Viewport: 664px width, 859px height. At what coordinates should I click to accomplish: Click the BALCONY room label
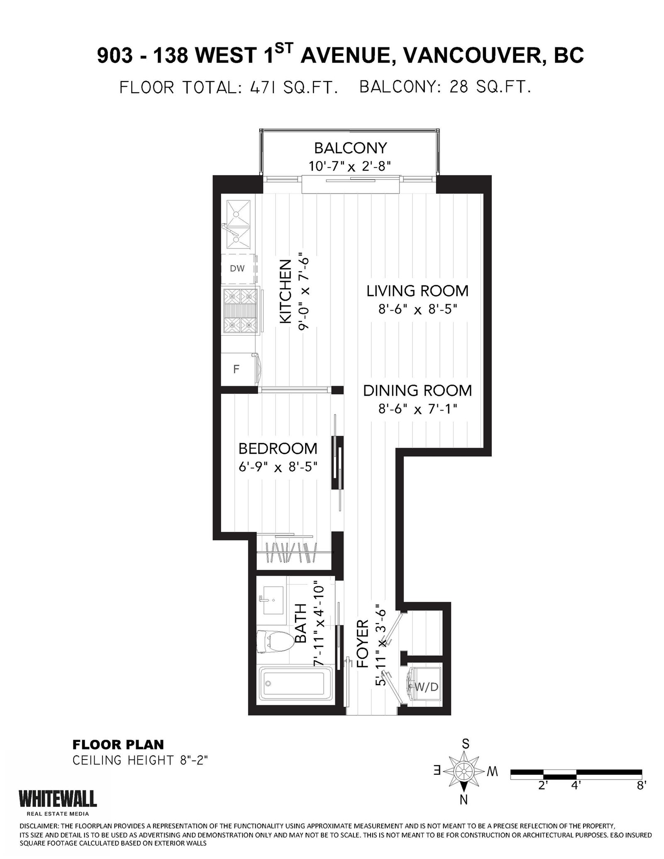click(x=350, y=148)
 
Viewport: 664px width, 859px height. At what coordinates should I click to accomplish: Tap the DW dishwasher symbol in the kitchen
click(x=238, y=268)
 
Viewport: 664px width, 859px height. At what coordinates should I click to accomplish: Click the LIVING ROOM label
click(x=417, y=291)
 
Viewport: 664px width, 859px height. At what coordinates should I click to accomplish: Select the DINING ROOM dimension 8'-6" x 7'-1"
click(x=417, y=409)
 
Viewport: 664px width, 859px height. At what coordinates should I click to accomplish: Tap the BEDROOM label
click(x=278, y=448)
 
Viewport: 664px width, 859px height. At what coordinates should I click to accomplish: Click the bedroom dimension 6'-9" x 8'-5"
click(x=278, y=467)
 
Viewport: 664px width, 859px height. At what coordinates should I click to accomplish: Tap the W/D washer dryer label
click(x=427, y=687)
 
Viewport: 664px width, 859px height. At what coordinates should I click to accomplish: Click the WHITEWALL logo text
click(x=58, y=798)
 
